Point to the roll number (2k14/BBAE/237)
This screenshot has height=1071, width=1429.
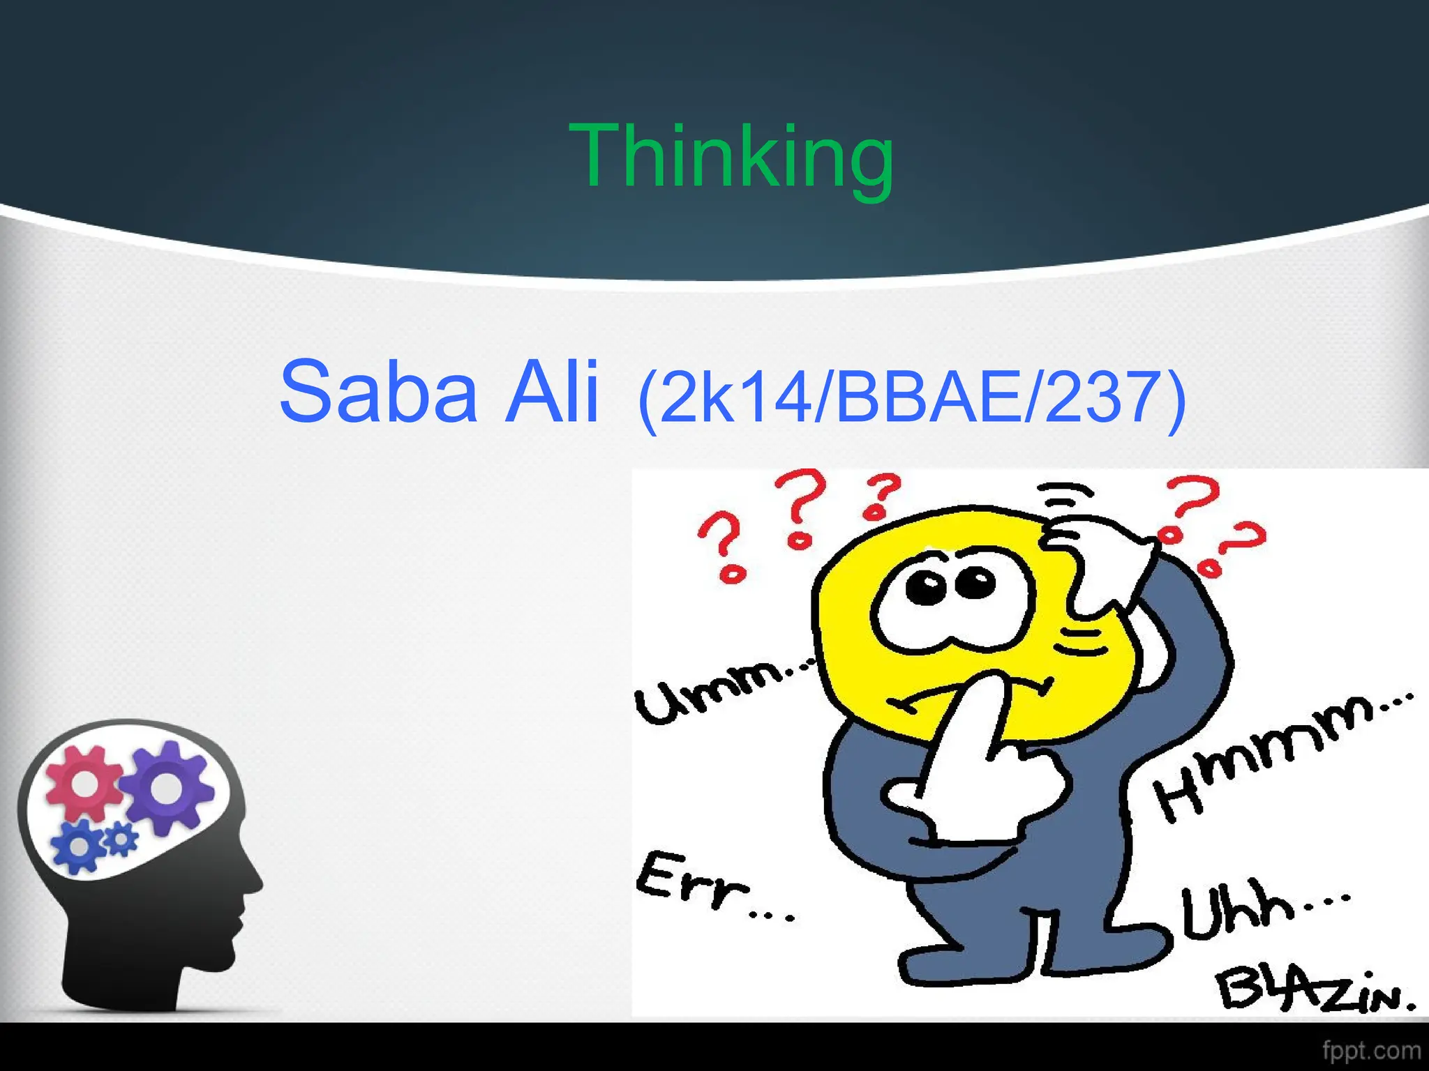[x=911, y=397]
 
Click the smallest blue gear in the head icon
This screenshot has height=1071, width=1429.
[x=122, y=839]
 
